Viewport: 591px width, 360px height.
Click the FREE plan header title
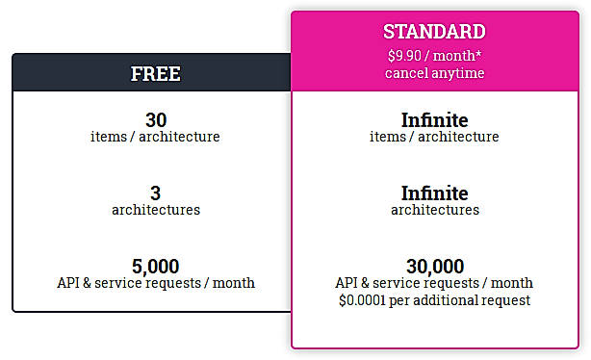156,74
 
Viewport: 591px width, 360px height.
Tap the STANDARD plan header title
434,32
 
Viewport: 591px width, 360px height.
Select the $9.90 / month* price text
434,54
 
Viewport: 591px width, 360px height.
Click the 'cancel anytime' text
434,72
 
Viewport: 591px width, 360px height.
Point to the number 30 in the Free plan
156,120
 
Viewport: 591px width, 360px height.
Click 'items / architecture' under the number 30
156,137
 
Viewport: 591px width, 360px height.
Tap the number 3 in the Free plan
156,193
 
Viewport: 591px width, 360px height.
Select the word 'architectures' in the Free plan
156,210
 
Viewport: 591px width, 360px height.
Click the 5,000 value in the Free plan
156,267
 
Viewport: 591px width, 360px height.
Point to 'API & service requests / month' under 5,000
156,283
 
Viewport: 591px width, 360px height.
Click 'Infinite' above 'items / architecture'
434,120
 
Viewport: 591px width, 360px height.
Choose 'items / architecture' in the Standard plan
434,137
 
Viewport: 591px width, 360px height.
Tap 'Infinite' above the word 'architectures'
434,193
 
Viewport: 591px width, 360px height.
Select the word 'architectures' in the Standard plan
434,210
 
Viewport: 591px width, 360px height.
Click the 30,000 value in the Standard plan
434,267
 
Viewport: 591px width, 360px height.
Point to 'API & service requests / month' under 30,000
434,283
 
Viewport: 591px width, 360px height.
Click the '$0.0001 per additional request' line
434,300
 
